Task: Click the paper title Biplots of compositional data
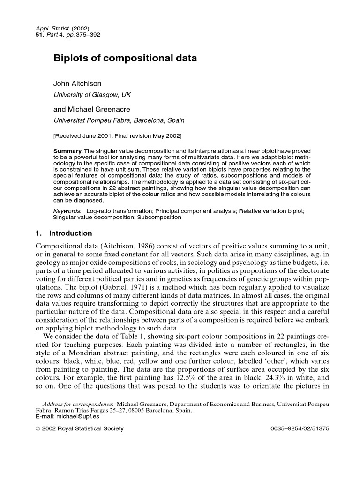125,59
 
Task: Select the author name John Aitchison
77,84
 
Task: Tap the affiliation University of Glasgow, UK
92,95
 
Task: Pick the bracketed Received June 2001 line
118,136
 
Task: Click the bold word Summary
67,150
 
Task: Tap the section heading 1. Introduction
64,233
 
